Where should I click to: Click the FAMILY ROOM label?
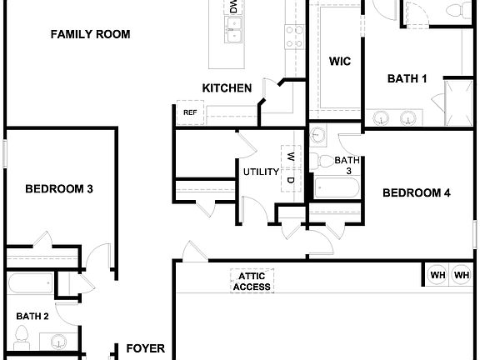click(90, 35)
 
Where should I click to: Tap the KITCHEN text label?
click(227, 87)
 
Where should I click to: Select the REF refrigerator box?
click(189, 112)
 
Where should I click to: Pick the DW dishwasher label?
click(232, 7)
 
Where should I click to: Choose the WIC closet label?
click(339, 61)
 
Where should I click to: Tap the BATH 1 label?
click(407, 79)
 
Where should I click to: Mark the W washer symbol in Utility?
click(290, 156)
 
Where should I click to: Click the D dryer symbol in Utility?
click(290, 179)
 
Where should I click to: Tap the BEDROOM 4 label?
click(416, 193)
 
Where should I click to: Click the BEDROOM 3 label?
click(58, 189)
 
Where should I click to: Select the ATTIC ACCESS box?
click(252, 282)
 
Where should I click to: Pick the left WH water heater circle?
click(437, 274)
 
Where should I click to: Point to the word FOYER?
click(146, 349)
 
